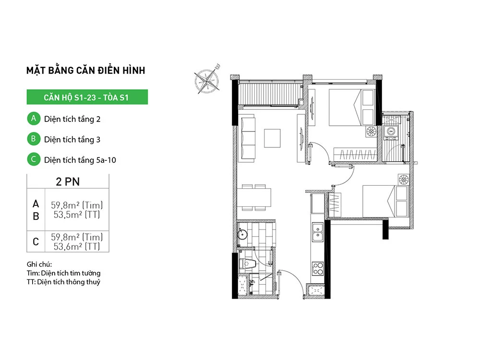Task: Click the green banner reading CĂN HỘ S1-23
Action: click(87, 97)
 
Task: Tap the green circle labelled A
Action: click(33, 118)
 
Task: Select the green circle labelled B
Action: click(33, 139)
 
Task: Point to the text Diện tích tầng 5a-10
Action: click(80, 160)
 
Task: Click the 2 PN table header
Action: click(68, 181)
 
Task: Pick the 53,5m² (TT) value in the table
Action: click(77, 215)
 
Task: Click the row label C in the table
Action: click(36, 241)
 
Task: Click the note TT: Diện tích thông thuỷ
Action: click(64, 282)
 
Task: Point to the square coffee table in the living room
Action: click(274, 138)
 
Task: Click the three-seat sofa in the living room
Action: click(248, 138)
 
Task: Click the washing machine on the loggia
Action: click(391, 131)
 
